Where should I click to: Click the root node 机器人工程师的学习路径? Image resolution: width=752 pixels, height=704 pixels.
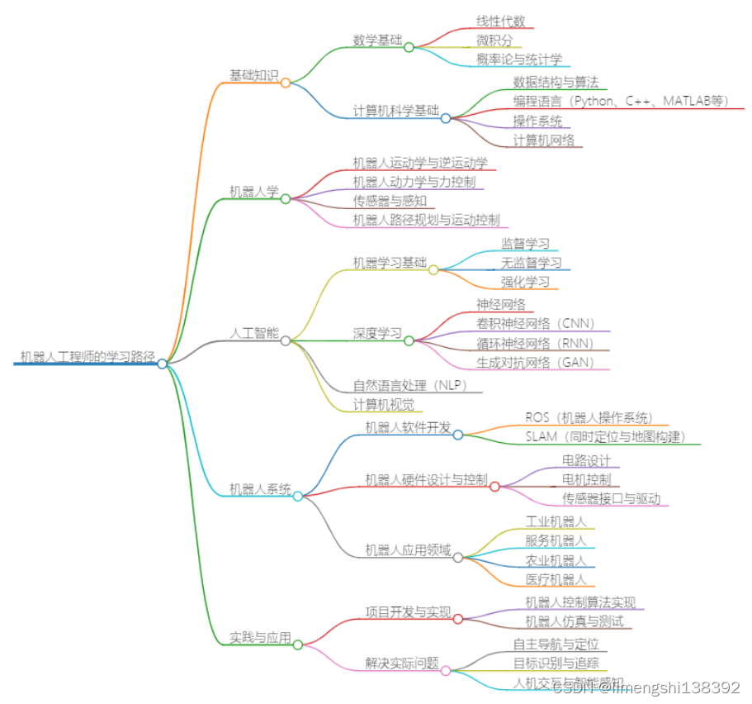[87, 357]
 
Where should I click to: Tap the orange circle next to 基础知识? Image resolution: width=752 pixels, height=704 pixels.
[286, 83]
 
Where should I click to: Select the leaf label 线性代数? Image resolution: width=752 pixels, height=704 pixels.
[500, 21]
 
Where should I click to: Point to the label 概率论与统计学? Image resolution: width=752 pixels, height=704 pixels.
[519, 59]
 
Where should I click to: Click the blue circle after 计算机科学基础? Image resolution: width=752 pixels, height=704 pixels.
[446, 118]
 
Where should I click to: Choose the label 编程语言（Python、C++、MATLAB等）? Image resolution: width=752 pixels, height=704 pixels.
[622, 101]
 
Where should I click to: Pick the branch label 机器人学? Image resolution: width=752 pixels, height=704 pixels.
[253, 192]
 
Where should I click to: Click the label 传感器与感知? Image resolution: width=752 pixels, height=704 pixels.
[388, 201]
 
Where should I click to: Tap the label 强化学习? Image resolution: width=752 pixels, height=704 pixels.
[525, 281]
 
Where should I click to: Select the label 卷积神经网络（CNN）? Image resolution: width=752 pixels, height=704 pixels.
[536, 323]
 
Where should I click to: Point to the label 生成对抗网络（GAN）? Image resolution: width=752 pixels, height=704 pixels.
[536, 362]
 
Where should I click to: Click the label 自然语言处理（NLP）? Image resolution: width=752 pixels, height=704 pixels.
[409, 385]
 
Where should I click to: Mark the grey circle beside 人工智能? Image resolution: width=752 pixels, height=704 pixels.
[286, 340]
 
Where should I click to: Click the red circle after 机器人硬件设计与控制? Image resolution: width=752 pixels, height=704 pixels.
[494, 487]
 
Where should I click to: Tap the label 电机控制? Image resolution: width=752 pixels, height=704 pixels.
[586, 479]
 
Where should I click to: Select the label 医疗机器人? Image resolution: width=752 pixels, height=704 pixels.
[556, 579]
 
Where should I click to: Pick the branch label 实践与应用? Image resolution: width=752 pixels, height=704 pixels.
[260, 638]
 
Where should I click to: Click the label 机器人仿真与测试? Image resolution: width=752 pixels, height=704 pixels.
[574, 621]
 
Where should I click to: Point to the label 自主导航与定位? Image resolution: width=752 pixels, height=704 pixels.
[556, 644]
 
